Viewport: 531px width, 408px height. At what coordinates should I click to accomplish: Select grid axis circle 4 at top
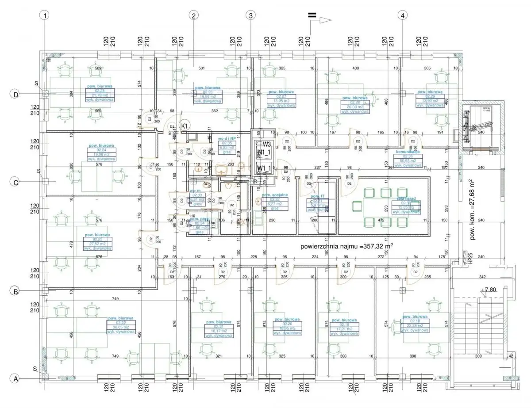click(x=402, y=15)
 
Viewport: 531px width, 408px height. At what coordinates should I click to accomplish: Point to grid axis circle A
click(x=15, y=379)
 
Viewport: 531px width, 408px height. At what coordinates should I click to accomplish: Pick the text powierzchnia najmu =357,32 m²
click(x=346, y=246)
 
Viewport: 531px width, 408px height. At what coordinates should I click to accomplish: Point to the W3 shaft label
click(x=266, y=144)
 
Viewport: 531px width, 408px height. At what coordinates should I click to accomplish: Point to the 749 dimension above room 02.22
click(x=115, y=299)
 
